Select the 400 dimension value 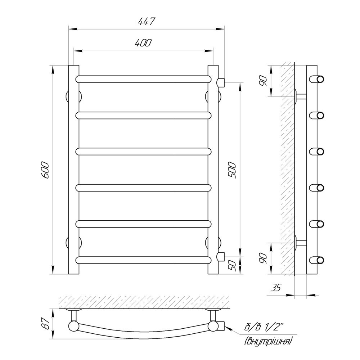[143, 43]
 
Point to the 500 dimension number [231, 170]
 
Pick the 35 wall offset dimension [276, 288]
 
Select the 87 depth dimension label [46, 324]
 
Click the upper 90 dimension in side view [263, 81]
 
